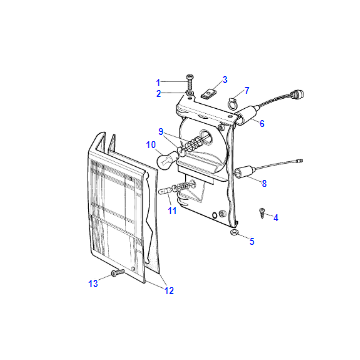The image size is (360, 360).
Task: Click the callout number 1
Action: (158, 82)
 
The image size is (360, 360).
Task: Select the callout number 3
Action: (225, 80)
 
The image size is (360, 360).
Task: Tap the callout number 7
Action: (247, 90)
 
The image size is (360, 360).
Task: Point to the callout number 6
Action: (262, 123)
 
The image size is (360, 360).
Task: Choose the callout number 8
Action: (264, 183)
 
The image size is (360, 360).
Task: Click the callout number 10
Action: (151, 145)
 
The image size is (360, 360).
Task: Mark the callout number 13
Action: (93, 284)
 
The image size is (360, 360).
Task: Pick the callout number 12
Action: (169, 291)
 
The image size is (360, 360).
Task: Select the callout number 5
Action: (252, 241)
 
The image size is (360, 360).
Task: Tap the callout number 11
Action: (172, 211)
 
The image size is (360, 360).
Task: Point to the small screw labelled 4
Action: (262, 212)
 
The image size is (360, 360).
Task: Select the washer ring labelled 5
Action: (234, 232)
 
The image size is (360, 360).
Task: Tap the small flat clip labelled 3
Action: (208, 94)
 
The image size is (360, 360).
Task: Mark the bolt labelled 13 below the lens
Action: (117, 273)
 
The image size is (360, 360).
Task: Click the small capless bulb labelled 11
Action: (167, 190)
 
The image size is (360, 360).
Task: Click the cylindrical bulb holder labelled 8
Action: (245, 172)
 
